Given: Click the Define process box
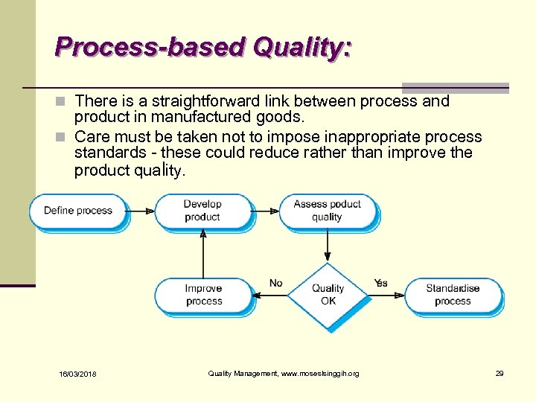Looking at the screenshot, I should click(x=77, y=211).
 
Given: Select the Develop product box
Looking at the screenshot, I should click(x=202, y=211).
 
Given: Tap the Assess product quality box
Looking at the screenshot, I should click(x=327, y=211).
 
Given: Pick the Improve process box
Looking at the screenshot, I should click(x=204, y=295).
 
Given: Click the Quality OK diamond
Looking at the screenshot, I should click(x=328, y=295).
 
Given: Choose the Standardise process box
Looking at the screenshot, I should click(x=453, y=295).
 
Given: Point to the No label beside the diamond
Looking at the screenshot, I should click(x=276, y=283).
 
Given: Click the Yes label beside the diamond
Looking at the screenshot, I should click(x=381, y=283).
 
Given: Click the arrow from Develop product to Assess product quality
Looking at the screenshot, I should click(x=264, y=211).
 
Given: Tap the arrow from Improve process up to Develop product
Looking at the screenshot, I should click(x=203, y=253).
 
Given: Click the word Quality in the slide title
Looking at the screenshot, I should click(x=302, y=48).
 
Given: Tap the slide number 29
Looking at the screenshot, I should click(x=500, y=373).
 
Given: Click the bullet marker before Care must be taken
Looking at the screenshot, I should click(x=64, y=138).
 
